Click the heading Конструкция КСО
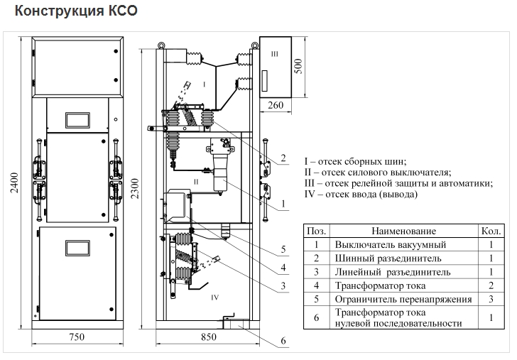[x=76, y=11]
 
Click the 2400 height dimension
[x=14, y=182]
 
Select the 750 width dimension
[x=77, y=337]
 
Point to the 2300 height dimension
[x=135, y=189]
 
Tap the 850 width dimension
[x=208, y=337]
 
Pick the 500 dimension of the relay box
[x=298, y=66]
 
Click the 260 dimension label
[x=276, y=105]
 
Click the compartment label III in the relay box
[x=275, y=54]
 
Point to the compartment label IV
[x=214, y=298]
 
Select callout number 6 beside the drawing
[x=283, y=341]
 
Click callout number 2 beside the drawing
[x=283, y=158]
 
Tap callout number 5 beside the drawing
[x=283, y=249]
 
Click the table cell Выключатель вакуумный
[x=391, y=244]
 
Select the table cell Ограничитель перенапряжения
[x=403, y=299]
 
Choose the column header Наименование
[x=403, y=231]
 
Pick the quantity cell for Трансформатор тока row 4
[x=491, y=285]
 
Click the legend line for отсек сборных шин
[x=355, y=162]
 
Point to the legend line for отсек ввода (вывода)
[x=361, y=194]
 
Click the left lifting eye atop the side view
[x=160, y=45]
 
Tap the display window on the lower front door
[x=77, y=248]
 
